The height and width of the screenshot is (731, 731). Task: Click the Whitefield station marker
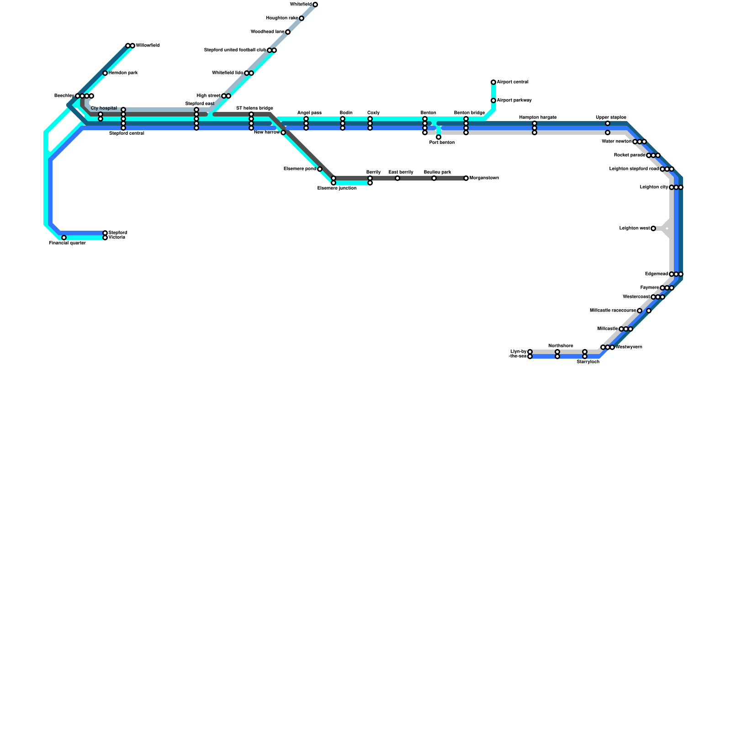(x=315, y=5)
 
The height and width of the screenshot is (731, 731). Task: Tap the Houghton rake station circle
(x=302, y=18)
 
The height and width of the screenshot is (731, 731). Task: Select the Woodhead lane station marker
(x=288, y=32)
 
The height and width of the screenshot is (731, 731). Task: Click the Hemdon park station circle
(x=105, y=73)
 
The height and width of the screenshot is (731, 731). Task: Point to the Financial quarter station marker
(x=64, y=238)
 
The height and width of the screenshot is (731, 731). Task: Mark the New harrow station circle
(x=283, y=132)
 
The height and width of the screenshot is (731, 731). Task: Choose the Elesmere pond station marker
(x=320, y=169)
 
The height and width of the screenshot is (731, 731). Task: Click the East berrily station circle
(x=397, y=178)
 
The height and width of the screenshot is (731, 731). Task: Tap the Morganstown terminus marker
(x=466, y=178)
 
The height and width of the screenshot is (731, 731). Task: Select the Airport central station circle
(x=493, y=82)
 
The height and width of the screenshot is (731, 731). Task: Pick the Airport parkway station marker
(x=493, y=101)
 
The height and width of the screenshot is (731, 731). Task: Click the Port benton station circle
(x=439, y=137)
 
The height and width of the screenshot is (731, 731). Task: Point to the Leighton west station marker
(x=653, y=228)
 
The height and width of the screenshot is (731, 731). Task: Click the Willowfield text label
(x=148, y=46)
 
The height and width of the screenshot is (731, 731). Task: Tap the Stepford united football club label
(x=235, y=50)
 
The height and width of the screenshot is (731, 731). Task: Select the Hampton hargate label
(x=538, y=117)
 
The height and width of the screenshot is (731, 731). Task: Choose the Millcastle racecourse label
(x=613, y=311)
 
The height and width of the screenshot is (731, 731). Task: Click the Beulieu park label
(x=437, y=172)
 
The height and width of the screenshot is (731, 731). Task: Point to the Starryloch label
(x=588, y=362)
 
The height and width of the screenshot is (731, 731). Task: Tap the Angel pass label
(x=309, y=113)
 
